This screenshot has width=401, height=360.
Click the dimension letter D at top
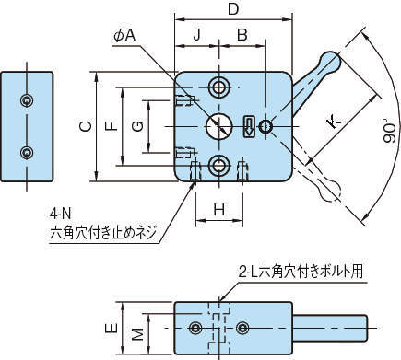point(233,9)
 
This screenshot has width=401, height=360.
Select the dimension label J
point(196,35)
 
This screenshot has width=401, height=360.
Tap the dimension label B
point(242,35)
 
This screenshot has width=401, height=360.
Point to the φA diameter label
point(124,36)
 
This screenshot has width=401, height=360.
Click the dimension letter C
point(86,126)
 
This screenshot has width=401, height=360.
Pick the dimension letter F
point(112,126)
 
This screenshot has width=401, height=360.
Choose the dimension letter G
point(138,126)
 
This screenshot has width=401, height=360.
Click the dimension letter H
point(219,210)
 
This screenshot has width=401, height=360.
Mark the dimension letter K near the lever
point(334,122)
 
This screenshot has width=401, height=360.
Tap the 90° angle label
point(389,133)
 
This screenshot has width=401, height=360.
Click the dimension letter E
point(112,328)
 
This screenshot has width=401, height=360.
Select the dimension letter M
point(138,334)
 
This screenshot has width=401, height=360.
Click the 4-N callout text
point(60,214)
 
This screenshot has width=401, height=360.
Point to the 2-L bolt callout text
point(301,272)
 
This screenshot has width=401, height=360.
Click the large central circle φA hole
point(219,126)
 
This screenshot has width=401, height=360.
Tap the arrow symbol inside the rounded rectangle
point(249,126)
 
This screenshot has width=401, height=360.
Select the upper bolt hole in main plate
point(219,87)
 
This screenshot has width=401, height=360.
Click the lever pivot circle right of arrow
point(265,126)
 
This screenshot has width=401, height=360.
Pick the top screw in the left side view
point(27,100)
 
